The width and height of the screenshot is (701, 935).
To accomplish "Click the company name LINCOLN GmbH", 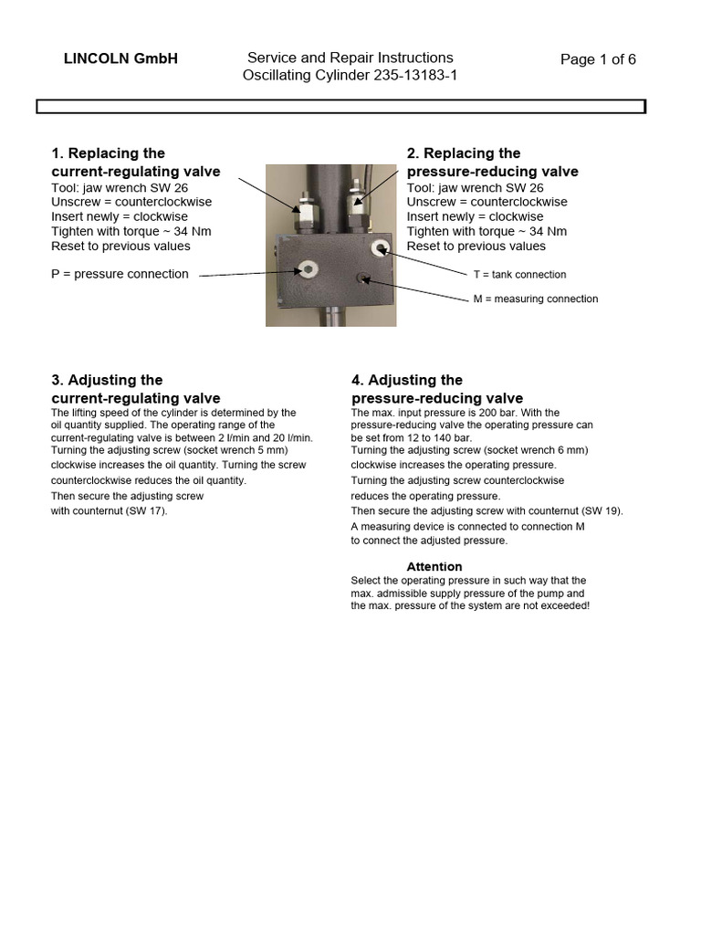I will click(x=120, y=59).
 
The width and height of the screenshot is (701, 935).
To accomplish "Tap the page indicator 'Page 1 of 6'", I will click(x=598, y=59).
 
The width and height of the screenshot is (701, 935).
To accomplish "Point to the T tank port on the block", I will click(x=380, y=248).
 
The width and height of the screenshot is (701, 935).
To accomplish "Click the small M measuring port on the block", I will click(x=363, y=278).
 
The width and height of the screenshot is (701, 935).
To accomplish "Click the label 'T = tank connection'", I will click(x=519, y=274).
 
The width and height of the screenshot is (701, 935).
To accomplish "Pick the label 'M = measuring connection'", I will click(x=536, y=299).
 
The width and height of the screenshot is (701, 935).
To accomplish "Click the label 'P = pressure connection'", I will click(x=120, y=274).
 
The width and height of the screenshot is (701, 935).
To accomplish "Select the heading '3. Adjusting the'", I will click(x=107, y=380).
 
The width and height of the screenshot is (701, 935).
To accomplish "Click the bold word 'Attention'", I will click(x=434, y=566).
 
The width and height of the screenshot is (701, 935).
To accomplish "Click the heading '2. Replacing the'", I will click(x=464, y=153).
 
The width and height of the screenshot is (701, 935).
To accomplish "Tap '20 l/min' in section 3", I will click(x=292, y=437).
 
